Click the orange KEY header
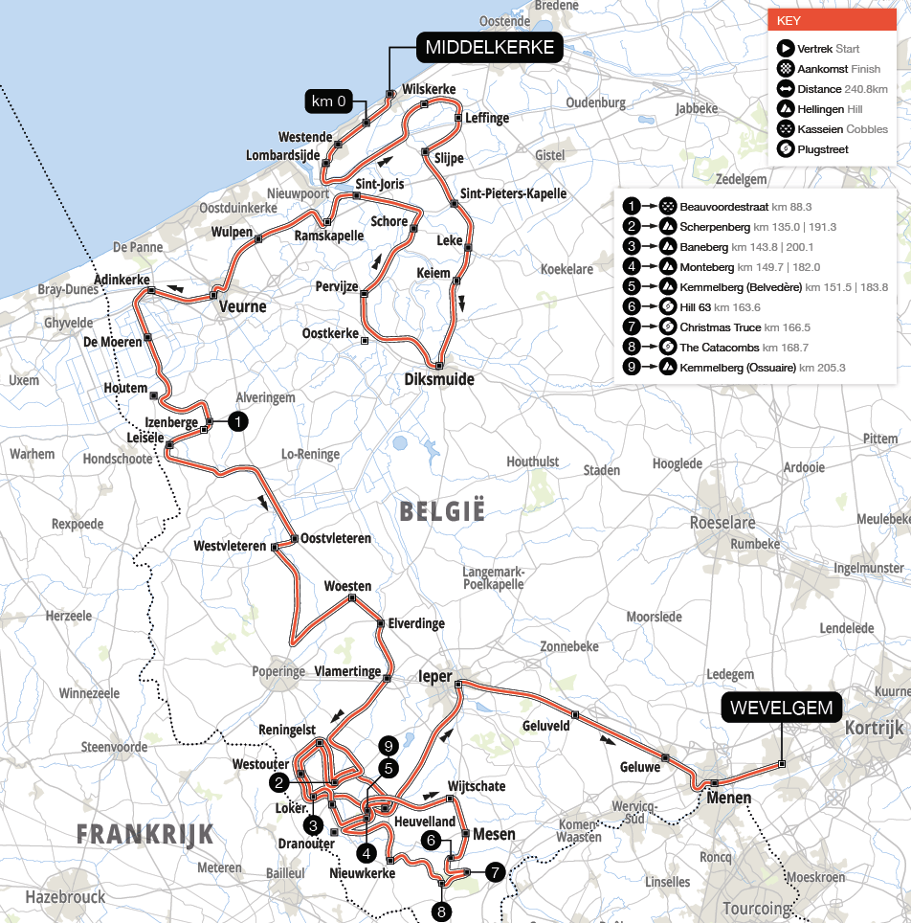[x=831, y=19]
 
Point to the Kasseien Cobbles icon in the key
[x=785, y=129]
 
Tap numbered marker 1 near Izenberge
[x=238, y=420]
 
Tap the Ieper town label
[x=435, y=676]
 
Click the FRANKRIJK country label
[x=145, y=833]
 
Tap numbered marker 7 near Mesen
[x=495, y=872]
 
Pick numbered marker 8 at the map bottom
[x=441, y=911]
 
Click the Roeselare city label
[x=722, y=523]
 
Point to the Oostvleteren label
[x=336, y=538]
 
